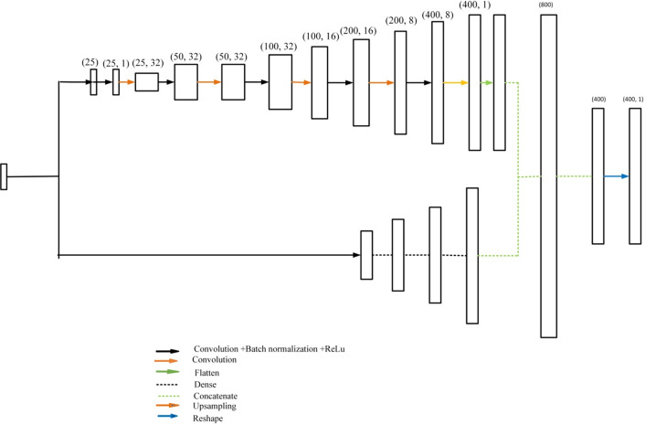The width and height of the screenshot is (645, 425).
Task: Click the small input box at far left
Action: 4,176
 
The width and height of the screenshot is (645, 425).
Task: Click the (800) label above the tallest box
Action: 547,5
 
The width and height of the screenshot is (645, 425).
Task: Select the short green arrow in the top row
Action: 487,82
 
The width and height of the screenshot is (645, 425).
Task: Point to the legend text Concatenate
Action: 221,396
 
